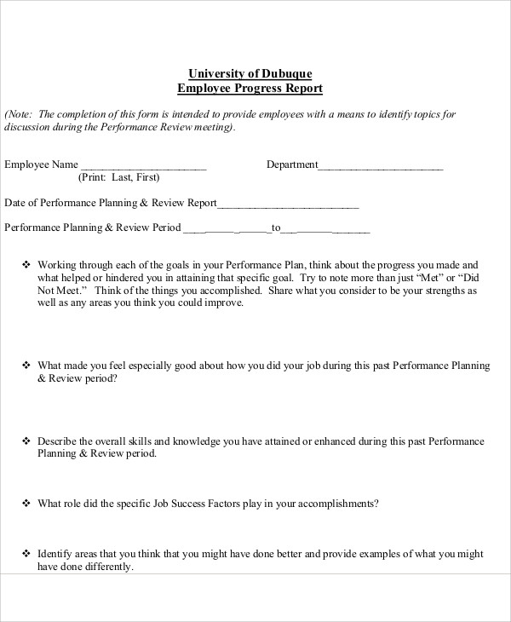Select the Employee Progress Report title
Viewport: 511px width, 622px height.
point(250,88)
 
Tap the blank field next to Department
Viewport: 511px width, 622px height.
point(381,166)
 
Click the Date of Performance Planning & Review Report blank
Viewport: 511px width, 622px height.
point(288,204)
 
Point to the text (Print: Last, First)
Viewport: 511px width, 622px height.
point(118,178)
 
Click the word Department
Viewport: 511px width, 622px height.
point(292,164)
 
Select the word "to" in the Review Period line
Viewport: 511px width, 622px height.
point(275,228)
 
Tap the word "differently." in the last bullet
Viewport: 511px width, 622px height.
point(108,567)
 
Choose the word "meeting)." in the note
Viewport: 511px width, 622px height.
point(213,128)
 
